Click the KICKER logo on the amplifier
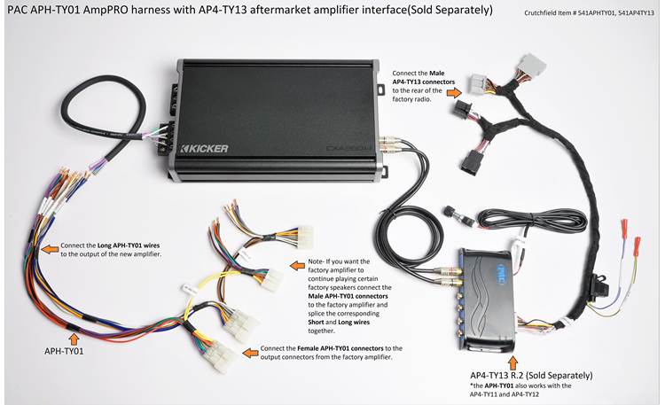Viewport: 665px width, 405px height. (x=205, y=147)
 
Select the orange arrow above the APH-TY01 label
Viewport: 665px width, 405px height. (x=73, y=338)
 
